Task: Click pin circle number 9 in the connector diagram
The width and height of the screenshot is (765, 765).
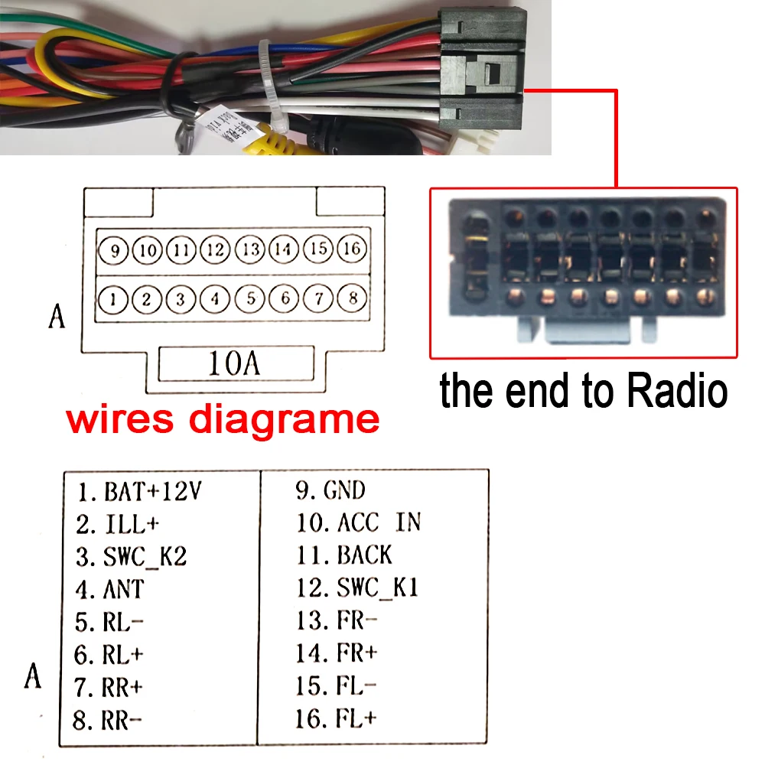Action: coord(113,249)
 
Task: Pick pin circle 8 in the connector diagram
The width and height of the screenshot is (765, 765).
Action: coord(353,298)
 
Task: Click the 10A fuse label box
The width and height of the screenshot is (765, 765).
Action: coord(236,364)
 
